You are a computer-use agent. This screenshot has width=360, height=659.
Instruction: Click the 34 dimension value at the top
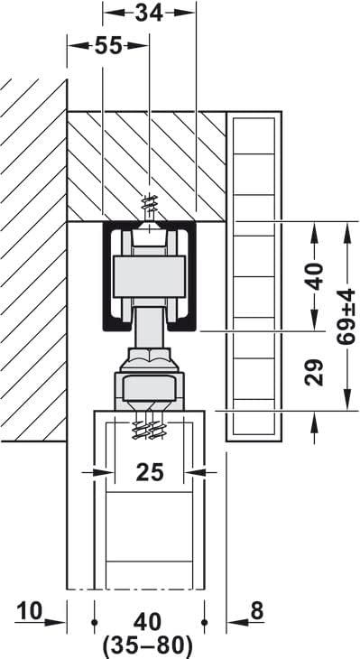(x=149, y=13)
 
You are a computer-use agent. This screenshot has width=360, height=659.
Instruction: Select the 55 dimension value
(x=107, y=47)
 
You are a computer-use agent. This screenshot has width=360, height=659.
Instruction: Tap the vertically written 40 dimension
(x=314, y=275)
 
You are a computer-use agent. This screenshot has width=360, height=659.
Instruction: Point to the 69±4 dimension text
(x=346, y=314)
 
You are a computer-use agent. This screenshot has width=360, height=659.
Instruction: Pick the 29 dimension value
(x=314, y=371)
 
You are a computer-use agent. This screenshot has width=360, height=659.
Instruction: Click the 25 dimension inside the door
(x=151, y=470)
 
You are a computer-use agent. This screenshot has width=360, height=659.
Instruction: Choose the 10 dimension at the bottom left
(x=29, y=612)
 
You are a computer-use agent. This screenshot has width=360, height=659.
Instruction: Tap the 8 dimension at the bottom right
(x=256, y=612)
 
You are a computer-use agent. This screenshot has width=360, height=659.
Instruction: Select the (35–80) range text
(x=149, y=645)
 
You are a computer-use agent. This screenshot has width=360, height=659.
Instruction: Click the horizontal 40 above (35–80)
(x=149, y=622)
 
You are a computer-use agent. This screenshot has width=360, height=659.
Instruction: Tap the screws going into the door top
(x=149, y=425)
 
